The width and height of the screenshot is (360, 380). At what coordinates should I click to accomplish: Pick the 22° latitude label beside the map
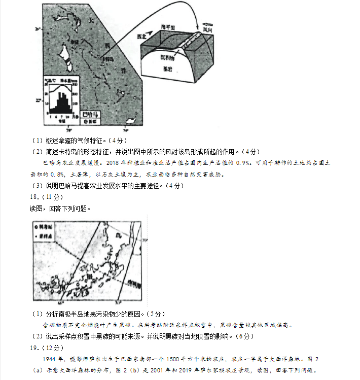pyautogui.click(x=38, y=100)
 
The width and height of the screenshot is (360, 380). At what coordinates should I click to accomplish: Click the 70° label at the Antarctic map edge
pyautogui.click(x=143, y=240)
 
